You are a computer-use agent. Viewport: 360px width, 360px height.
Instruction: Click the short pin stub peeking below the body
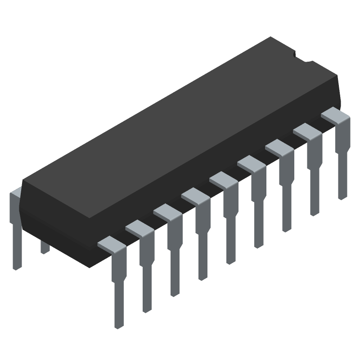tap(45, 247)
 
